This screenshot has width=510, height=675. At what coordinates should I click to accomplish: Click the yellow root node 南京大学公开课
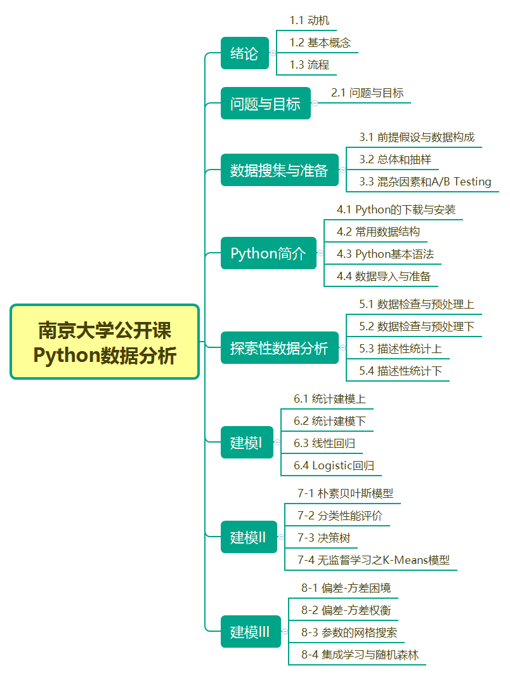105,342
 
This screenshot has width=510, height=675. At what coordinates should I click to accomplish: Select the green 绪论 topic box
244,53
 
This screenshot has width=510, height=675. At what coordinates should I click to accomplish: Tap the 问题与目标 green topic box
265,104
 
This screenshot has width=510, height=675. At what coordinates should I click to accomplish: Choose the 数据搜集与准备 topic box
279,170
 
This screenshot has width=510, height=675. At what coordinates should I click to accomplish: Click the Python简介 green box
268,254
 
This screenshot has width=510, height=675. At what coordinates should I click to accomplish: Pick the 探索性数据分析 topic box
279,348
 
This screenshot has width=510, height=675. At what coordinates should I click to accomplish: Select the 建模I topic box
246,443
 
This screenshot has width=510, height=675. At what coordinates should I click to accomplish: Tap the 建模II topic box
248,537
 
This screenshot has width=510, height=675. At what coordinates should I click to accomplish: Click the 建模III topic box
250,632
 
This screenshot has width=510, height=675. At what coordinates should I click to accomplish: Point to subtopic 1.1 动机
310,20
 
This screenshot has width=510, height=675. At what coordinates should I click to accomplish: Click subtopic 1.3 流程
310,64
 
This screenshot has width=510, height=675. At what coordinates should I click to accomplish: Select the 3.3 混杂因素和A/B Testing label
425,182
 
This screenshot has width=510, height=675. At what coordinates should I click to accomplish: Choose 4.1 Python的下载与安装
396,210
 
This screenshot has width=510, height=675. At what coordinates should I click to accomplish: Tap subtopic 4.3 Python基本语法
385,254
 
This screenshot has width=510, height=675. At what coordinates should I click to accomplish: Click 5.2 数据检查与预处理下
416,326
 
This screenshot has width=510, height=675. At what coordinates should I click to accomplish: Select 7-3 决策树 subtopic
324,537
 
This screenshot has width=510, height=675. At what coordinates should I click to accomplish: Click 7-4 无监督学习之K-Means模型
373,559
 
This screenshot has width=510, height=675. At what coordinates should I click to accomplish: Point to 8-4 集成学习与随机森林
360,654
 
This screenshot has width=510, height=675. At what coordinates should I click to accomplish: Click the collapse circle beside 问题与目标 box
315,104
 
